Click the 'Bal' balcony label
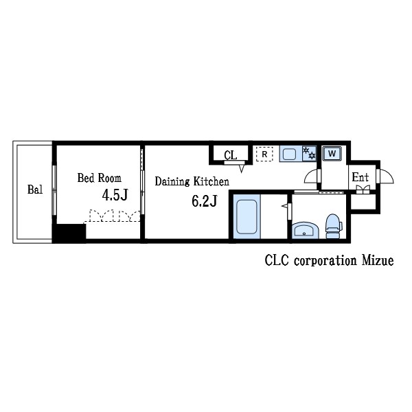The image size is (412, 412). click(x=34, y=190)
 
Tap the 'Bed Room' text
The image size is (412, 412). click(x=99, y=179)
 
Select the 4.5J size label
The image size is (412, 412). click(x=115, y=195)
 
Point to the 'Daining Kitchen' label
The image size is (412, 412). click(x=192, y=182)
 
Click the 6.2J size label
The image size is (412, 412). click(x=204, y=201)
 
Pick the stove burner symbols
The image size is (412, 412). click(x=309, y=153)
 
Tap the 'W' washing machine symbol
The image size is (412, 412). click(x=332, y=153)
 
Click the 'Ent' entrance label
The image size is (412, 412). click(x=360, y=177)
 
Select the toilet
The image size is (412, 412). click(x=333, y=226)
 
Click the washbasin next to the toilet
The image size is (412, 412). click(x=303, y=230)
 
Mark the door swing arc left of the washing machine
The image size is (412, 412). click(x=312, y=177)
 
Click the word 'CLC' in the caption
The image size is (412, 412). click(x=276, y=261)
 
